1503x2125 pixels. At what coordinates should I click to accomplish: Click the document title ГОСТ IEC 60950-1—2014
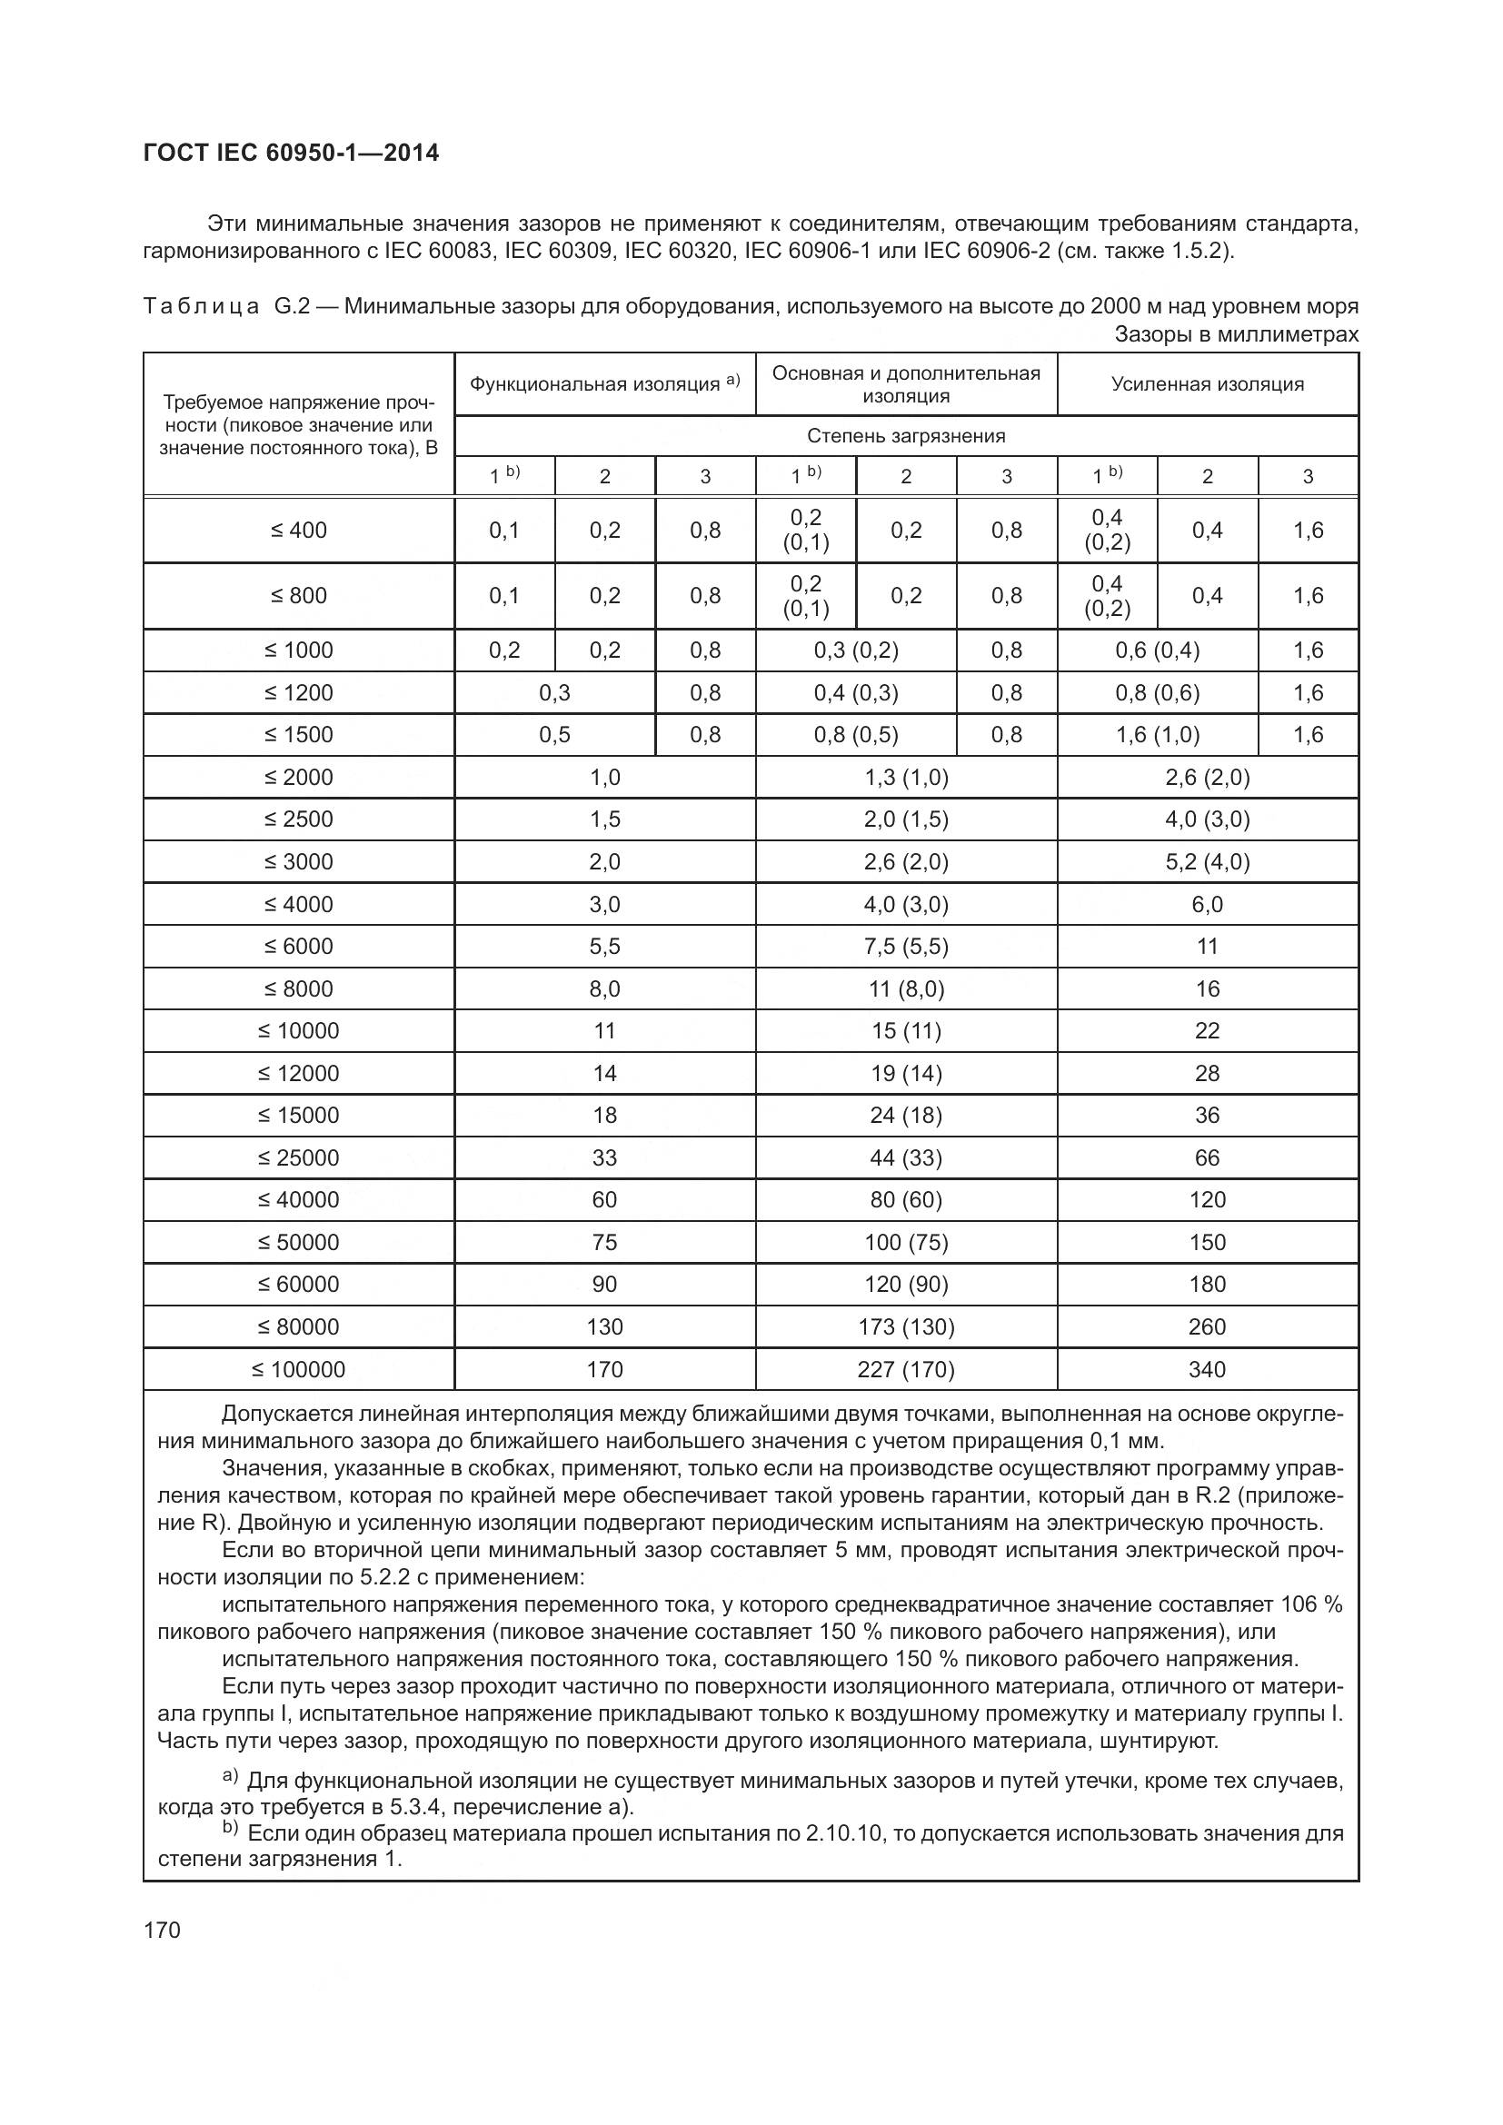(x=292, y=153)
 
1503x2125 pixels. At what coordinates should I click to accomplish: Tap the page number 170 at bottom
(x=163, y=1930)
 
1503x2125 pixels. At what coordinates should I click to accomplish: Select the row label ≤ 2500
(x=298, y=819)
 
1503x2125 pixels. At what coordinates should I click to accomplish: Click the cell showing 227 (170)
(x=905, y=1369)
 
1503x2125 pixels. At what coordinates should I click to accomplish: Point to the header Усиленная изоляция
(x=1207, y=384)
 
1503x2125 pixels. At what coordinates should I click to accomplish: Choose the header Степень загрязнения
(x=905, y=436)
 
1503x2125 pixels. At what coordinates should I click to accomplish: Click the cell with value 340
(x=1207, y=1369)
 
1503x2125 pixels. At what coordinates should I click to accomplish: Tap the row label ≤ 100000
(x=298, y=1369)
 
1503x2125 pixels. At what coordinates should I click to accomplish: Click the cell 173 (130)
(x=905, y=1326)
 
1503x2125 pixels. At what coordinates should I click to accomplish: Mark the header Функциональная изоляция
(x=594, y=384)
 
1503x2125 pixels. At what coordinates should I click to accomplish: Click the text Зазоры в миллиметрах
(x=1236, y=334)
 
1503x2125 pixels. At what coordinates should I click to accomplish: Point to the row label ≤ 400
(x=298, y=531)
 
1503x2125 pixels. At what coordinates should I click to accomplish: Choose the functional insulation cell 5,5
(x=604, y=946)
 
